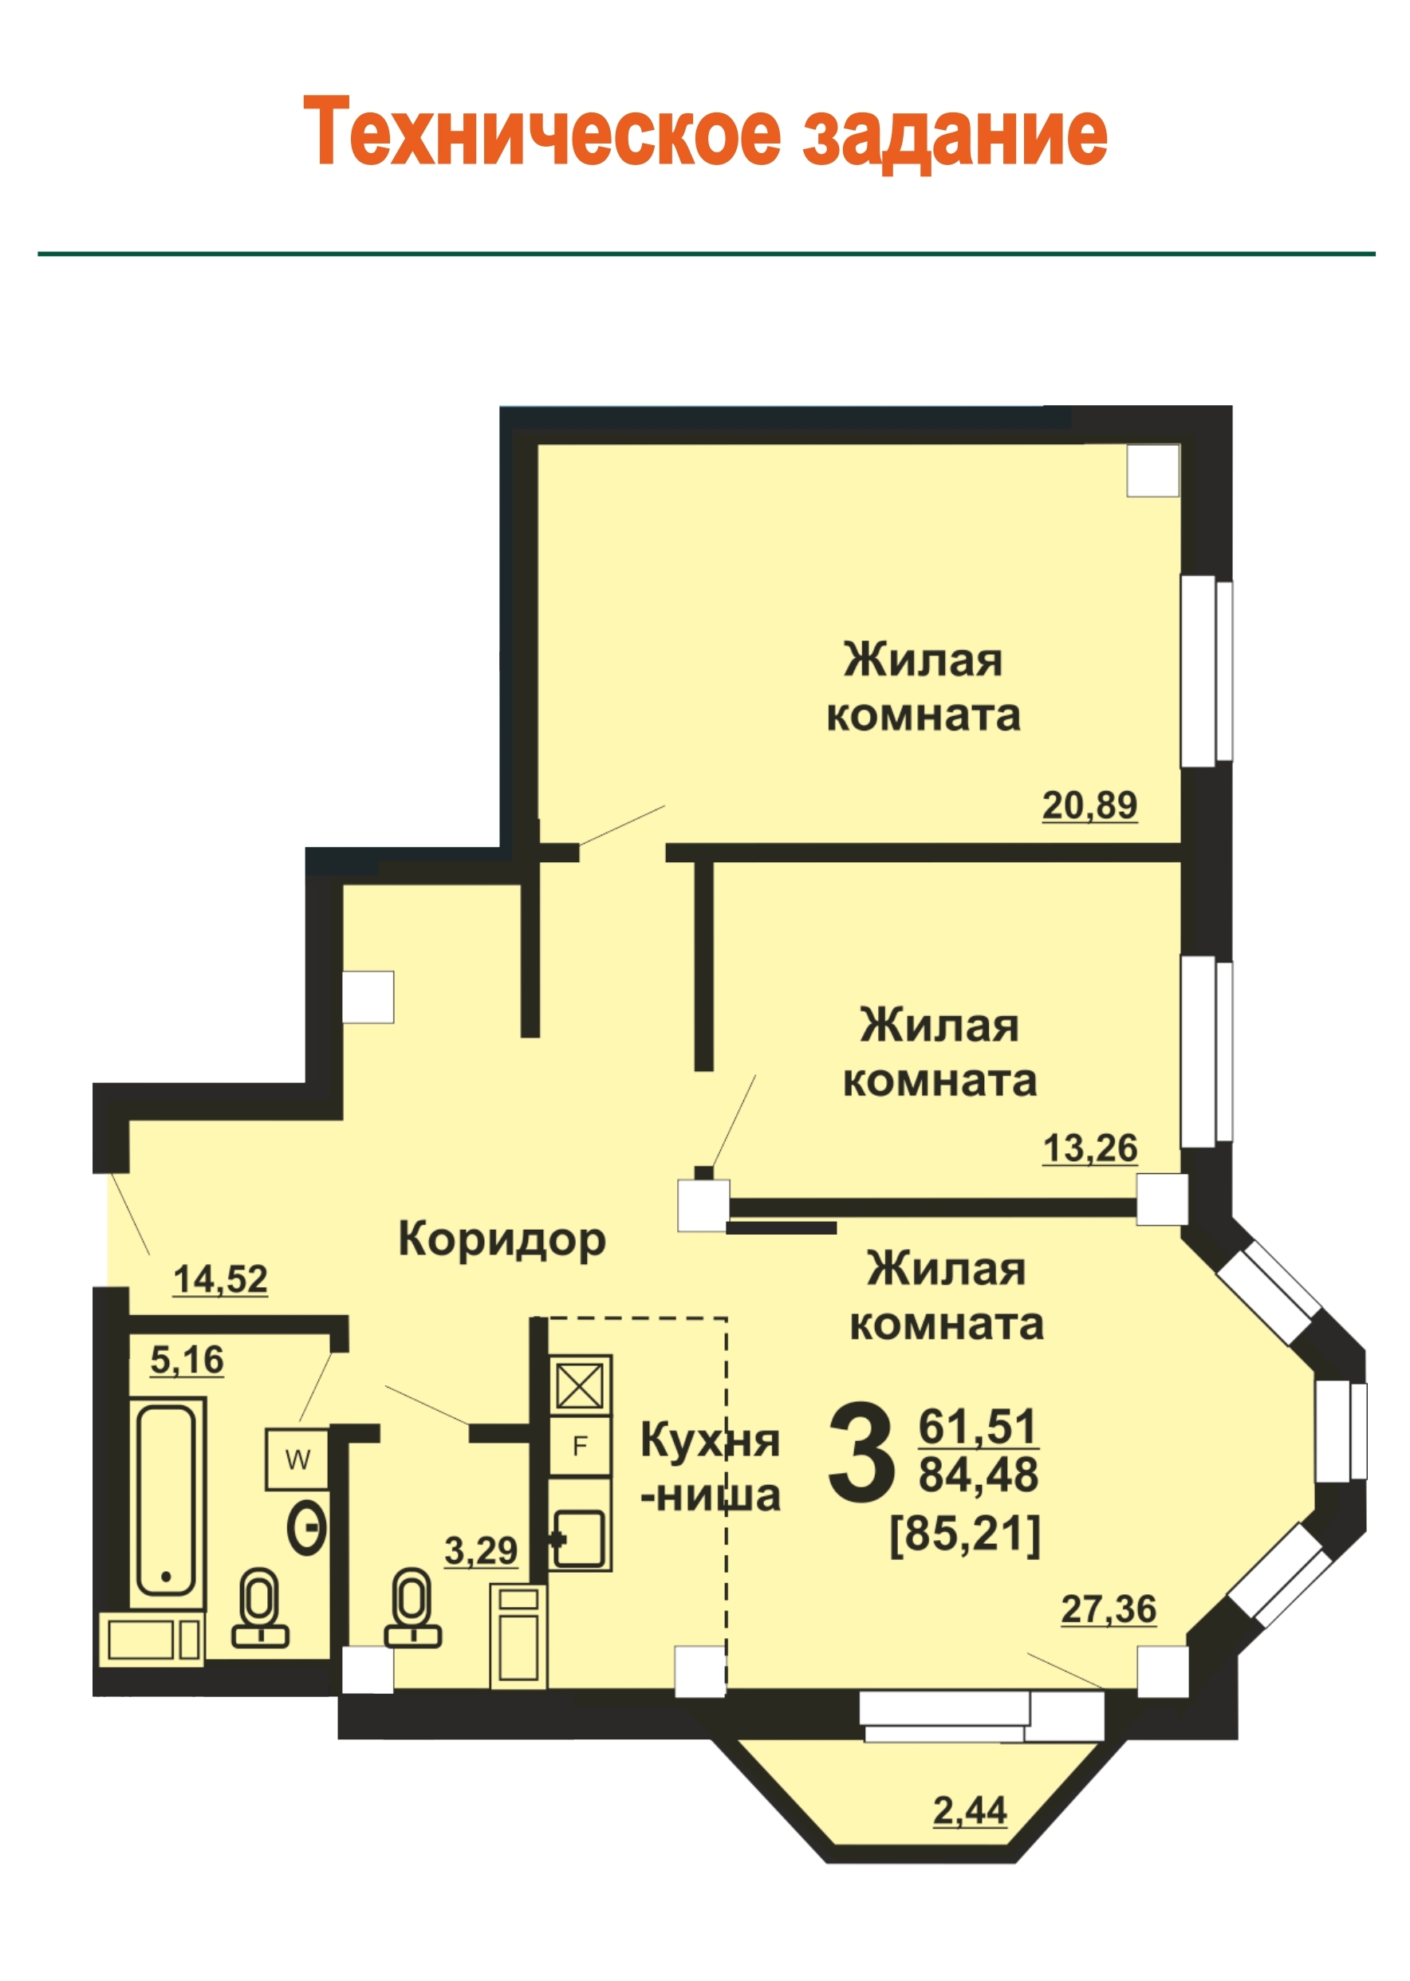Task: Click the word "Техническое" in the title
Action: coord(542,132)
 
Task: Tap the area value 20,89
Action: coord(1089,805)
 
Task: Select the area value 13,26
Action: coord(1089,1148)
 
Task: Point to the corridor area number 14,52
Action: coord(221,1278)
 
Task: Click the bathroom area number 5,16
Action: coord(187,1360)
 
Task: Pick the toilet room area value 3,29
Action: coord(481,1550)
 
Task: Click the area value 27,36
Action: coord(1109,1609)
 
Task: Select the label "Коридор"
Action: coord(502,1239)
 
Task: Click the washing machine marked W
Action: coord(297,1459)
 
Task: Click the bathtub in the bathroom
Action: coord(167,1502)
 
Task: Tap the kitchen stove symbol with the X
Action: coord(580,1386)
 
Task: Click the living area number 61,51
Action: coord(978,1426)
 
